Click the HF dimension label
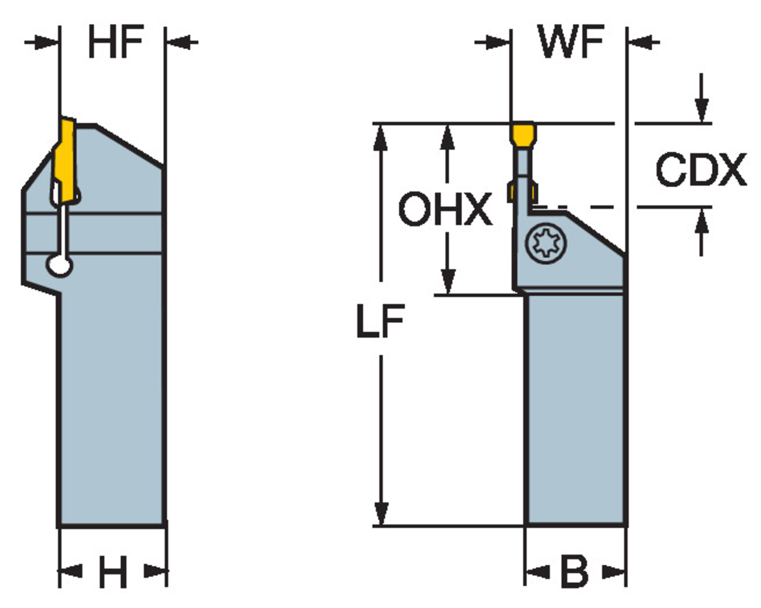coord(116,43)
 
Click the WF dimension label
coord(571,43)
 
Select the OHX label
coord(445,209)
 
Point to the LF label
coord(380,321)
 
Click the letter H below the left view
coord(112,572)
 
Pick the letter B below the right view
coord(574,572)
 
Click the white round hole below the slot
coord(59,265)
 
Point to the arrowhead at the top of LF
coord(380,137)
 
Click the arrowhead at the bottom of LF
coord(380,514)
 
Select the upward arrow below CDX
coord(702,221)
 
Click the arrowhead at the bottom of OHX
coord(447,282)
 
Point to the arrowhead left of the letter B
coord(537,572)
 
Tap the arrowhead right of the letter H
coord(155,571)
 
